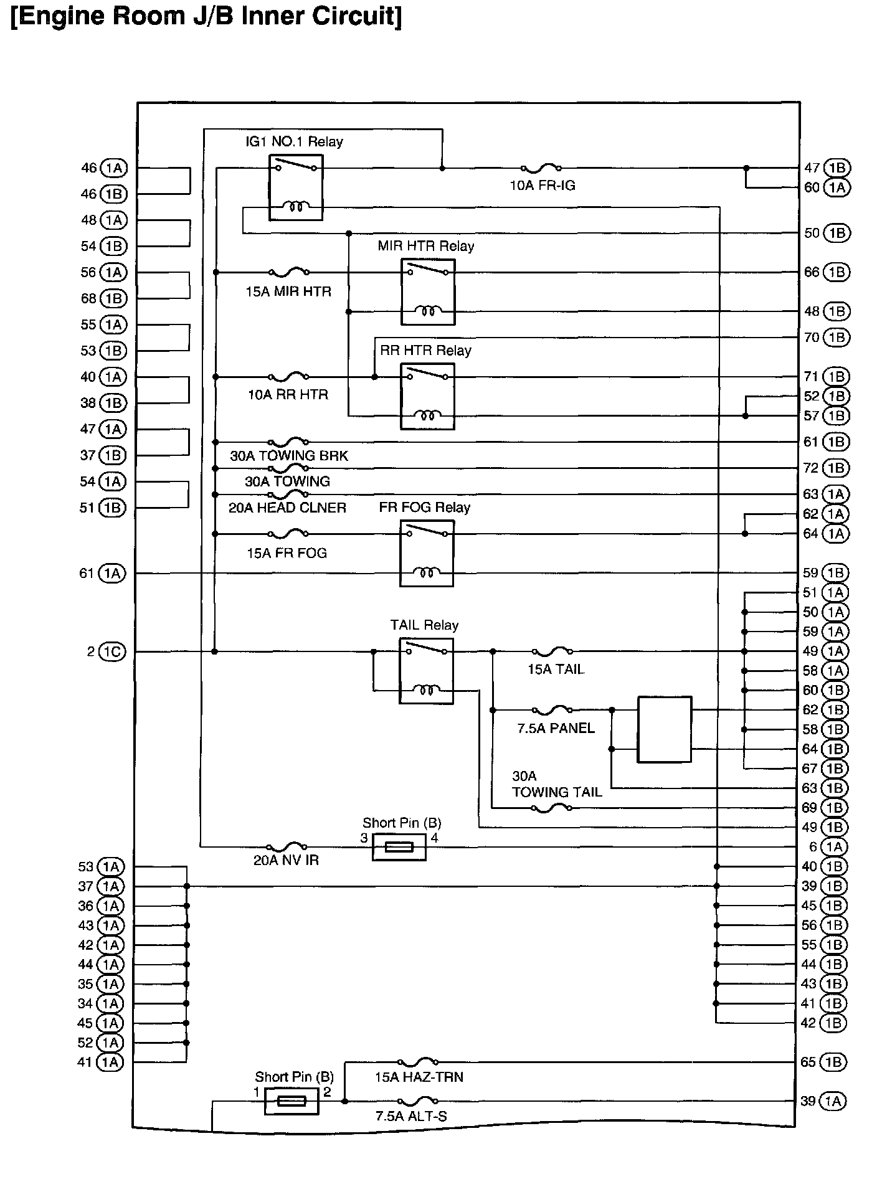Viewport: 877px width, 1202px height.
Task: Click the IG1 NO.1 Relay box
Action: click(x=296, y=187)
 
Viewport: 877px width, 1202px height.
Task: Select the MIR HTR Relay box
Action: click(x=428, y=292)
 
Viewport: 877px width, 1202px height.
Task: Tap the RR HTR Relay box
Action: click(x=427, y=397)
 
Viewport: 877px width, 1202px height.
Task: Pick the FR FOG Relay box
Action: click(x=427, y=554)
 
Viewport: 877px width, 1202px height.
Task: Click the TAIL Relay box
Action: click(x=426, y=671)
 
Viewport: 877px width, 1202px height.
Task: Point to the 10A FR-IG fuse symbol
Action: click(x=541, y=168)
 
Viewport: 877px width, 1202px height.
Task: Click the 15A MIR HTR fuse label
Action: click(x=288, y=291)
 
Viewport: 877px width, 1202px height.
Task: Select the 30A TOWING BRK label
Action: click(x=289, y=456)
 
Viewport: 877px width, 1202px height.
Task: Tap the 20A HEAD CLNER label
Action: click(x=287, y=508)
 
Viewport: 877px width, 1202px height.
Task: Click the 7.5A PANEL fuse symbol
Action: click(x=552, y=709)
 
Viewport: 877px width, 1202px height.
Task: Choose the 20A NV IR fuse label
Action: click(x=287, y=860)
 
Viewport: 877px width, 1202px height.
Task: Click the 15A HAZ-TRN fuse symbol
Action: click(x=417, y=1061)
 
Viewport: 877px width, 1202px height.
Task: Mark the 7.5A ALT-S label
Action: click(x=411, y=1116)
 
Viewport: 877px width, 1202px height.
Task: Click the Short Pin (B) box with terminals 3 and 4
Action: click(x=399, y=847)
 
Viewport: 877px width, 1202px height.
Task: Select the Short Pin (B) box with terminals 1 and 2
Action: click(x=292, y=1101)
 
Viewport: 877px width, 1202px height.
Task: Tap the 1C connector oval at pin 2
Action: click(x=112, y=651)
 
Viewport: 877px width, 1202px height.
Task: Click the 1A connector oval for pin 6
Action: click(x=835, y=847)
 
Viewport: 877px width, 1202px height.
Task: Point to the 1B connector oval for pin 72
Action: click(x=836, y=468)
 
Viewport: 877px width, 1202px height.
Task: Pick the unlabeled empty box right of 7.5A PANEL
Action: click(x=665, y=729)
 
